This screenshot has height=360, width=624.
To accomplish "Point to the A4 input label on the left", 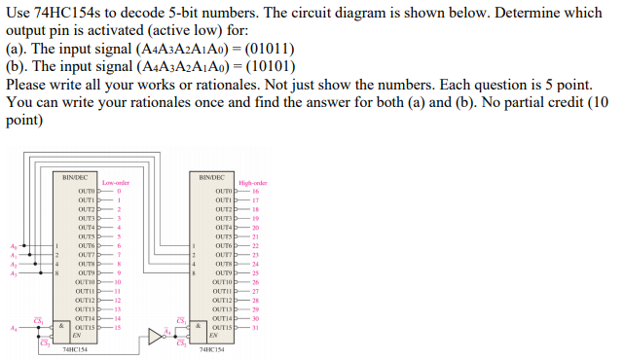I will point(12,328).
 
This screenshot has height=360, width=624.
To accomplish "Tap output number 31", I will point(255,326).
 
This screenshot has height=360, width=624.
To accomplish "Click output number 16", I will point(255,193).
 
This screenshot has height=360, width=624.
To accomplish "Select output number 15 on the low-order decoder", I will point(118,326).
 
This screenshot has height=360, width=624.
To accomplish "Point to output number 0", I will point(118,193).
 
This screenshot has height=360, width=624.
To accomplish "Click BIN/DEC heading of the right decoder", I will point(211,176).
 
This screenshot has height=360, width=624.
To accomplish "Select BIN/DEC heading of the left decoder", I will point(75,176).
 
